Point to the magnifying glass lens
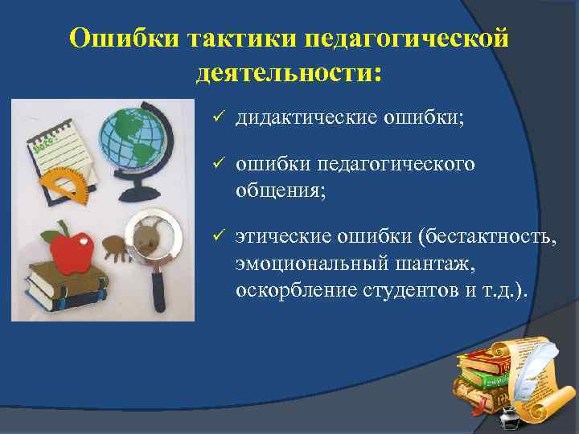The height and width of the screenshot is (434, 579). point(150,234)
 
